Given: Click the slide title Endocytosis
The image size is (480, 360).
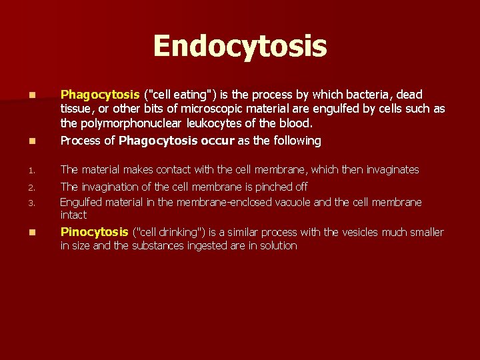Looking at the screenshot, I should tap(240, 47).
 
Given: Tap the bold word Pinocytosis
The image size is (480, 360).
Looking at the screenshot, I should tap(94, 232).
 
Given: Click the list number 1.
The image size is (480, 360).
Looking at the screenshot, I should tap(23, 170).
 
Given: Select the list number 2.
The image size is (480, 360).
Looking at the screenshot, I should tap(23, 187).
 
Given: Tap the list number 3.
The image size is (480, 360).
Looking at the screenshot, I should tap(23, 202).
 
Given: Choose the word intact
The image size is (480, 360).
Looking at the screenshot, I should tap(73, 215).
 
